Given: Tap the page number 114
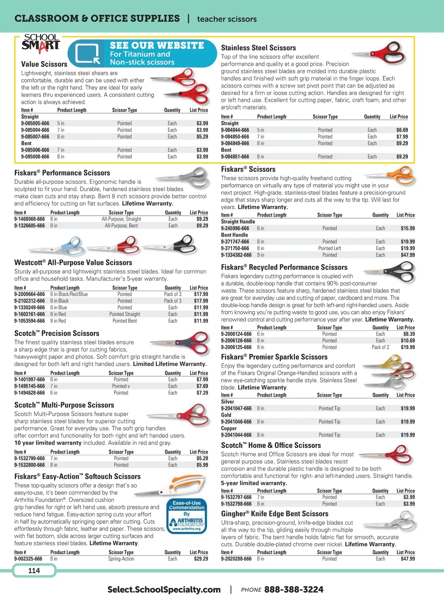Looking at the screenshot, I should [34, 570].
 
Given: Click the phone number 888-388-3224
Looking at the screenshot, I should [294, 589].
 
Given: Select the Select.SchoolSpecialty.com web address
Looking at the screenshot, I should [164, 589].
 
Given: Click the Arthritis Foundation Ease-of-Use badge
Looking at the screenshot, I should [186, 516].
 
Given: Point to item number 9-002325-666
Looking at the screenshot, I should [28, 559].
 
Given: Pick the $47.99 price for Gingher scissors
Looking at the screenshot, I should [408, 559].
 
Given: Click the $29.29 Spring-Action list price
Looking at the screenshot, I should [201, 559].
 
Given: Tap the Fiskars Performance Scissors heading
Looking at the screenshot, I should [62, 173].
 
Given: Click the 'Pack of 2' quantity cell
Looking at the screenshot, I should [380, 347].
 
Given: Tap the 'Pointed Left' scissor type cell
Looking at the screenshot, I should [330, 248].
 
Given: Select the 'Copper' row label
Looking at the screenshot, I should [229, 428].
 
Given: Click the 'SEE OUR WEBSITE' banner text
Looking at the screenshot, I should [157, 45].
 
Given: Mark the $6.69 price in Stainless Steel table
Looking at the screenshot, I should [402, 130].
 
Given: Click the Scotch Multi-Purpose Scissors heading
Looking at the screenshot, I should [64, 405].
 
